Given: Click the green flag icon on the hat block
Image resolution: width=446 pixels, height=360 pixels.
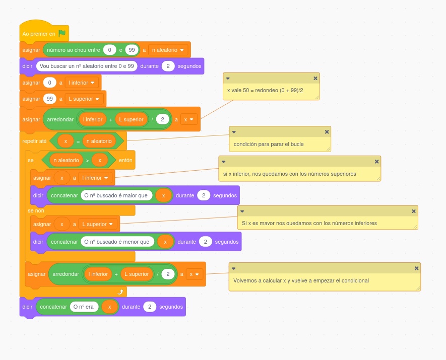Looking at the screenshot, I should tap(62, 34).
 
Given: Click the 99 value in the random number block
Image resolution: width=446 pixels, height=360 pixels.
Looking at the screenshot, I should tap(132, 50).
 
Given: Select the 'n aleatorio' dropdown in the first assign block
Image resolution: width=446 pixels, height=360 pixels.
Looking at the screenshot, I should tap(168, 50).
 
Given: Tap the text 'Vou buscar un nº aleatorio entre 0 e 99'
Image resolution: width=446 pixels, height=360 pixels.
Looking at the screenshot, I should tap(87, 66).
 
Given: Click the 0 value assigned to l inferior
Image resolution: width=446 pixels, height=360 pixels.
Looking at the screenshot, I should tap(49, 83).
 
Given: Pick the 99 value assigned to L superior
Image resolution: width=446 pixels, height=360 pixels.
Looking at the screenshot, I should tap(49, 99).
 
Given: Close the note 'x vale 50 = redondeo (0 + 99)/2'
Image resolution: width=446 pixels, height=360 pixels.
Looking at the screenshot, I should tap(315, 79).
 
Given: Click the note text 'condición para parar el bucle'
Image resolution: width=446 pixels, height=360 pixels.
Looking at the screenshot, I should tap(269, 144).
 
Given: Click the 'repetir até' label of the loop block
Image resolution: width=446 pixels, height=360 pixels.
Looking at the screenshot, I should tap(34, 141).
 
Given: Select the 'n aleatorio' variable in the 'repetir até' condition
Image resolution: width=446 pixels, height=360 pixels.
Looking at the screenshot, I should tap(99, 141).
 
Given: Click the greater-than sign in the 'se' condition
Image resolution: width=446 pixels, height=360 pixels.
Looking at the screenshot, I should tap(87, 161).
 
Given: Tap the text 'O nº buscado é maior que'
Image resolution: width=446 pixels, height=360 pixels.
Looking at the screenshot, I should tap(116, 195).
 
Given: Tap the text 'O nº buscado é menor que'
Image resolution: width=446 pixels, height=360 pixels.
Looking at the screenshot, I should tap(117, 242).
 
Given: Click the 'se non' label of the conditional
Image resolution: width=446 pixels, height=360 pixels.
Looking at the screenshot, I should tap(36, 210).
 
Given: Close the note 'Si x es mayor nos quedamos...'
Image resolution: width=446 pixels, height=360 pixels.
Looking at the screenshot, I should tap(414, 211).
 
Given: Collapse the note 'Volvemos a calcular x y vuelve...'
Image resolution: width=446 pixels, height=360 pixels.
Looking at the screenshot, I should tap(234, 268).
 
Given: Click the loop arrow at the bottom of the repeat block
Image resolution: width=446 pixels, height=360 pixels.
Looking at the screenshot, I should tap(120, 292).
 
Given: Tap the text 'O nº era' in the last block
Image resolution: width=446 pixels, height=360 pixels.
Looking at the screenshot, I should tap(84, 307).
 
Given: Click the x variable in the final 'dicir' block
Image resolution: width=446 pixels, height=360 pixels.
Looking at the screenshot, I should tap(109, 307).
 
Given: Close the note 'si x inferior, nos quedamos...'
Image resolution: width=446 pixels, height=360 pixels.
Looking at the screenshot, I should tap(376, 162).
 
